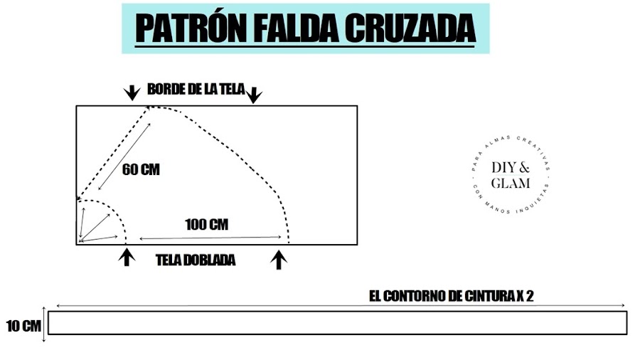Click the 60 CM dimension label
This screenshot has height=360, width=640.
pos(141,170)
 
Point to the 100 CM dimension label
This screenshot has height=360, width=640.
pos(206,225)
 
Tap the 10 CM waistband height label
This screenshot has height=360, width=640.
pos(22,327)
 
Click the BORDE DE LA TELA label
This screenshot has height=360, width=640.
pos(196,90)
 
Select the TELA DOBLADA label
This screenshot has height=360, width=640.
pos(196,260)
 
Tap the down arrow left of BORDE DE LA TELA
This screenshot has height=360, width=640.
pos(132,92)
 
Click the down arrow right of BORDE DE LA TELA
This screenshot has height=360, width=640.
pos(255,95)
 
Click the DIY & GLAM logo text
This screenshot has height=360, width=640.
pos(511,175)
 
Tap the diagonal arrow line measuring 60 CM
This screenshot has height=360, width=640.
pos(124,157)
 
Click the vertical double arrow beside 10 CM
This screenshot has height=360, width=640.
pos(44,324)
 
